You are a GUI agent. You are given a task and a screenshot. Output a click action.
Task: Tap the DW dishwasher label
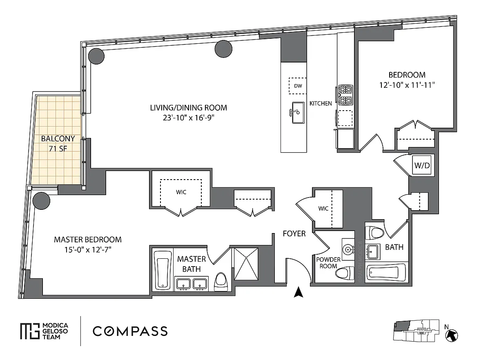pos(298,86)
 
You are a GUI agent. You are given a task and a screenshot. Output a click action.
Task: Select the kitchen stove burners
pos(346,95)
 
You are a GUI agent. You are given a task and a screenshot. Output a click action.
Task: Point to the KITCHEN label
pos(321,103)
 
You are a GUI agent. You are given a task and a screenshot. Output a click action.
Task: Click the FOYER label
pos(294,233)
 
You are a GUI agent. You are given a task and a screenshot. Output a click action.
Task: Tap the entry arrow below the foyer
pos(298,292)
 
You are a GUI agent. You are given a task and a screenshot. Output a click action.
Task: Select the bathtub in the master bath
pos(163,270)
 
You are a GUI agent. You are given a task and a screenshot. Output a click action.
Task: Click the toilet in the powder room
pos(345,273)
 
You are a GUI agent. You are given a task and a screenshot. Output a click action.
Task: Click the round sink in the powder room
pos(348,249)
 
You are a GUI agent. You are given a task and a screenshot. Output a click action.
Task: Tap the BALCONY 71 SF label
pos(58,144)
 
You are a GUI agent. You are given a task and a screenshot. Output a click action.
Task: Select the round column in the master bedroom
pos(41,200)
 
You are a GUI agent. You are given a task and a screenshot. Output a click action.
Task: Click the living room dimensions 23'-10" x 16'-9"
pos(188,118)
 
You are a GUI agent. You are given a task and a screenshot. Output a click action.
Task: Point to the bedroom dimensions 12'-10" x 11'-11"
pos(407,85)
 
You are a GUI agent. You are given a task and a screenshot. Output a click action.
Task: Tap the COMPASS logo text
pos(130,331)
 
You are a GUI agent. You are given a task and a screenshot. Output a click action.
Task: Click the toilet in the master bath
pos(221,282)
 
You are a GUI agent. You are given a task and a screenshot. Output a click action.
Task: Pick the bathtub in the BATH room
pos(386,273)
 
